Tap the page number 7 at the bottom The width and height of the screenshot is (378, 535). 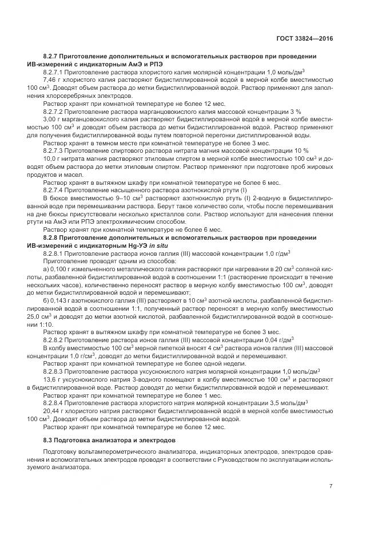coord(331,486)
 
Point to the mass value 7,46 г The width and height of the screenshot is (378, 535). coord(51,81)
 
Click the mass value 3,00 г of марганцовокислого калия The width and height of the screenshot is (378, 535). coord(51,120)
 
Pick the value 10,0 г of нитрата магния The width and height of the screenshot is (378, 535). coord(51,157)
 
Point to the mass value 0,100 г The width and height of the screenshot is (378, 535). coord(63,268)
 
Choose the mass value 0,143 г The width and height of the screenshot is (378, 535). coord(62,300)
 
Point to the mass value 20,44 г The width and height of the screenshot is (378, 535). coord(53,411)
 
